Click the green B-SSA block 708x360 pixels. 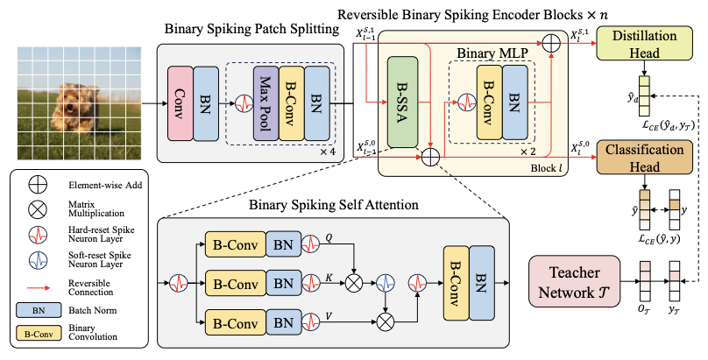tap(402, 102)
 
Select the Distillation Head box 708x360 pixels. tap(644, 43)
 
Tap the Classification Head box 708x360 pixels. tap(644, 157)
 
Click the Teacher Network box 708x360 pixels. tap(574, 281)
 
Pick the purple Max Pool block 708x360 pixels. tap(266, 103)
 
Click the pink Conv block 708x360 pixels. tap(181, 103)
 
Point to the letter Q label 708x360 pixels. tap(329, 237)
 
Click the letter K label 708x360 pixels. tap(329, 278)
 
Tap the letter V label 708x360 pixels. tap(329, 316)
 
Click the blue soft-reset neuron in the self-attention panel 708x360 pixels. tap(386, 283)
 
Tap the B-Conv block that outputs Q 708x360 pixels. tap(235, 244)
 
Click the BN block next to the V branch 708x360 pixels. tap(283, 322)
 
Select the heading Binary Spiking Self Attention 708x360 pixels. tap(334, 205)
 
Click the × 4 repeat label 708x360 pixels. tap(328, 152)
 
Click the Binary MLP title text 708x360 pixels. tap(492, 53)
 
